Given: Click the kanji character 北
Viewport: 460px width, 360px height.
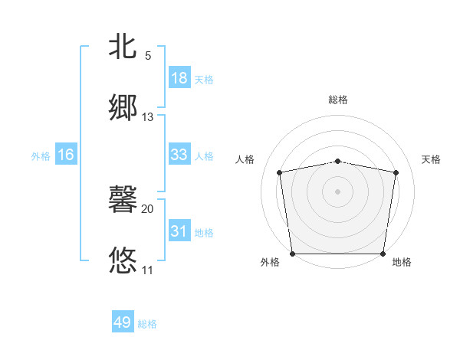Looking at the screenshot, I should (123, 47).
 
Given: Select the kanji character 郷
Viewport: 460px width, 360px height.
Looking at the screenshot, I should (123, 108).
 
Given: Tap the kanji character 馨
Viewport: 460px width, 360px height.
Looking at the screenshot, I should (123, 200).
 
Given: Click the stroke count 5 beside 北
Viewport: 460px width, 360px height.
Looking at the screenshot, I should (148, 56).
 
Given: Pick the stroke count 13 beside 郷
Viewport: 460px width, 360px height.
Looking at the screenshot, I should (148, 117).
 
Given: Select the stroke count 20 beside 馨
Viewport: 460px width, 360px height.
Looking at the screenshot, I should (148, 209).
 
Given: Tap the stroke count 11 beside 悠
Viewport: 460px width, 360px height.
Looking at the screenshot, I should (148, 270).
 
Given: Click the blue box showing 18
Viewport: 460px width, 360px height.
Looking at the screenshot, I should (179, 78).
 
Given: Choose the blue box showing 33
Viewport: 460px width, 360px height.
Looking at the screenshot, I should (179, 155).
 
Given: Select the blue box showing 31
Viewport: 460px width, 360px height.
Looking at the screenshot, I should (179, 231).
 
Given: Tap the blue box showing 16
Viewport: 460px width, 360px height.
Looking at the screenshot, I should (66, 155).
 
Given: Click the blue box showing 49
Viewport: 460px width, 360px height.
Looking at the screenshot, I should (123, 322).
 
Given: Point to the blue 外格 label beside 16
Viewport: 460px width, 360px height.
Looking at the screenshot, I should (41, 155).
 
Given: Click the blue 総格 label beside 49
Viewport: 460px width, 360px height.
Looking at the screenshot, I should (147, 324).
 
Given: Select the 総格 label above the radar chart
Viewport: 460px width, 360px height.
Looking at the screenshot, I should (338, 100).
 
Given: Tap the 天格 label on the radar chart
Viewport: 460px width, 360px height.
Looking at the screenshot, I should (431, 159).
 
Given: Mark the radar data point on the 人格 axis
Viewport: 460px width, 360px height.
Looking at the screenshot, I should (280, 172).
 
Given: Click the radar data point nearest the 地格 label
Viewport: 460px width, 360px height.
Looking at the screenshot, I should (383, 254).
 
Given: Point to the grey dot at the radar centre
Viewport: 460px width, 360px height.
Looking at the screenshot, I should (338, 191).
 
